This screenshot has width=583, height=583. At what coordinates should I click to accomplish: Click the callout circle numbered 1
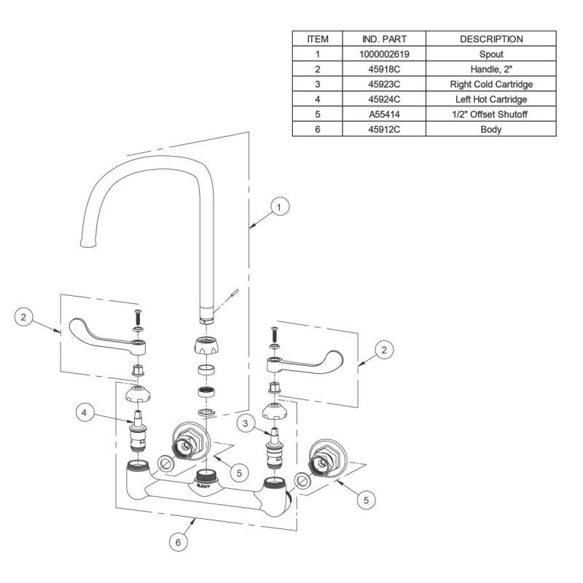tap(278, 208)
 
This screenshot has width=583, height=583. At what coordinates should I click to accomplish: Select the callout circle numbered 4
tap(85, 413)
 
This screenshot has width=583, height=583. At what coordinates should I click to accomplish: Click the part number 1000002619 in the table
tap(384, 54)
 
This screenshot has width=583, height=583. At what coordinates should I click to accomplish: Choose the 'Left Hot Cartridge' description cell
tap(490, 99)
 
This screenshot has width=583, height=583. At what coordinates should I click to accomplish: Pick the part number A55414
tap(384, 114)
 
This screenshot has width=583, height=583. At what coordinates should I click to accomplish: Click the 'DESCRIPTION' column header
tap(490, 39)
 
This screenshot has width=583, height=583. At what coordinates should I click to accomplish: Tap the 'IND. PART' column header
tap(384, 39)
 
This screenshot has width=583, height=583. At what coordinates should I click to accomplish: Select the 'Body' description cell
tap(490, 130)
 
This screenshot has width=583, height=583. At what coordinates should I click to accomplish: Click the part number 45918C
tap(384, 69)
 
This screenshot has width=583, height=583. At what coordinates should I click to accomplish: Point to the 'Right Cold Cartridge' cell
tap(490, 85)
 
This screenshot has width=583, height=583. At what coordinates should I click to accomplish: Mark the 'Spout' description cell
tap(490, 54)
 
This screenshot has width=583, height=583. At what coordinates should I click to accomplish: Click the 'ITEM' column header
tap(318, 39)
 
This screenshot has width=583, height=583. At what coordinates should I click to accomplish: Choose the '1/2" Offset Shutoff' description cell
tap(490, 114)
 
